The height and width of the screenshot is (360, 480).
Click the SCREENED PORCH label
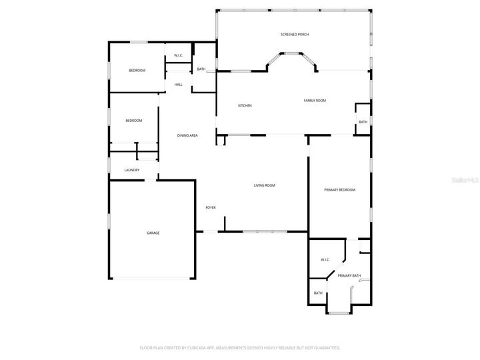[294, 34]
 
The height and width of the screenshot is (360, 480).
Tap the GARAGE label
[153, 233]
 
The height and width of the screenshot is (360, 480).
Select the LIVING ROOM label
[265, 185]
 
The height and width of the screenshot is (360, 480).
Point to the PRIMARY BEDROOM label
[339, 190]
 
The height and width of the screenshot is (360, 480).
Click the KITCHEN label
[245, 106]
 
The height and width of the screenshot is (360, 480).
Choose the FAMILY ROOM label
[315, 101]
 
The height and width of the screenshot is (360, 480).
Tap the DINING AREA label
[187, 135]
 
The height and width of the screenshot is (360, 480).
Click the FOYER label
[210, 208]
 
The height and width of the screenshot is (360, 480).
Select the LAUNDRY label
[132, 170]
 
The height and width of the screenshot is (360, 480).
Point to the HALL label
[179, 85]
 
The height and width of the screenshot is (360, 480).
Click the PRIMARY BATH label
[349, 275]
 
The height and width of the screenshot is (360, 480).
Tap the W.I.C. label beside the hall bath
[179, 55]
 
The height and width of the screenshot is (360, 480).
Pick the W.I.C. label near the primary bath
[325, 259]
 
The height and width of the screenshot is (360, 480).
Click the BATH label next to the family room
[363, 122]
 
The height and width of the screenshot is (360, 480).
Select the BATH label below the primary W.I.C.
[318, 293]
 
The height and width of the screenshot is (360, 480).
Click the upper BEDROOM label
[137, 70]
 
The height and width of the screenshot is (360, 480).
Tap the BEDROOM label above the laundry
[134, 120]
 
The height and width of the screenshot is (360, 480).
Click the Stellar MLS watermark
[465, 180]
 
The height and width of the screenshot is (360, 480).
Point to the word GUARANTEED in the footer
[325, 347]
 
